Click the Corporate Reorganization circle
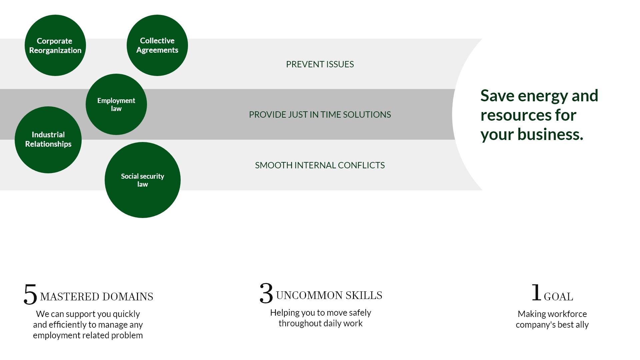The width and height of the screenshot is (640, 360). coord(55,45)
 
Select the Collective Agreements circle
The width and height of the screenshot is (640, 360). coord(157,45)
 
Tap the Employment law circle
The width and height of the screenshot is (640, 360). coord(116,104)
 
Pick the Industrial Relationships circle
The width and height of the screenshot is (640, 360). coord(48,140)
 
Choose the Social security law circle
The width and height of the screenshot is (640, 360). coord(143,180)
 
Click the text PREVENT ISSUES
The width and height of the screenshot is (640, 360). coord(320,64)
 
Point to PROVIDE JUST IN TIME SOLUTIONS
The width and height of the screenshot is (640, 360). coord(320,115)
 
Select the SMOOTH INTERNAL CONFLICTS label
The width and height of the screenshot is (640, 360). coord(320,165)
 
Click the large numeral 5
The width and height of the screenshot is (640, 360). coord(30,294)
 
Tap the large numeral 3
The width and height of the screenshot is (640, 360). coord(266,293)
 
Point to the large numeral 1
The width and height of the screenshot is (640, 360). coord(536,292)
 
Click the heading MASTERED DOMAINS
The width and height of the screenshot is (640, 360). coord(97,297)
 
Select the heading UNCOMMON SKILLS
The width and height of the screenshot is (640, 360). coord(329,295)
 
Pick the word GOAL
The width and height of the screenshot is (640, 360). coord(559,297)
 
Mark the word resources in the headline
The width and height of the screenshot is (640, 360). coord(515,115)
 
